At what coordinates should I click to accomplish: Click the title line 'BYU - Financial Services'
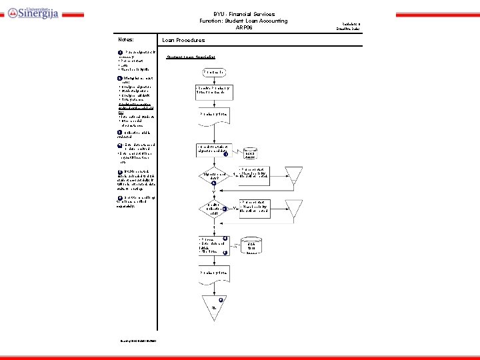click(x=243, y=14)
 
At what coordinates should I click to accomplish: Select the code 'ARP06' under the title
click(x=243, y=27)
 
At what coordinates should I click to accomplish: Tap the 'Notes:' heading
click(x=125, y=40)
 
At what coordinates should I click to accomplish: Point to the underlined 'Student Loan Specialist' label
click(x=191, y=57)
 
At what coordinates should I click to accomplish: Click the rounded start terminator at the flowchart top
click(x=214, y=71)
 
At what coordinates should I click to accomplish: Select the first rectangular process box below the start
click(x=213, y=90)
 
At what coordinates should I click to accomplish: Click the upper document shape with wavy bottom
click(x=213, y=114)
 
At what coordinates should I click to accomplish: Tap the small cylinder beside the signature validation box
click(x=251, y=153)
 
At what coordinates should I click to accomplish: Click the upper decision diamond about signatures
click(x=213, y=177)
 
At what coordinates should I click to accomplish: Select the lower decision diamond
click(x=213, y=209)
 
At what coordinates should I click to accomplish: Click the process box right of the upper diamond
click(x=255, y=173)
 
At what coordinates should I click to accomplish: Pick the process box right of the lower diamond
click(x=255, y=205)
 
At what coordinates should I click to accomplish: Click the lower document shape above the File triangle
click(x=213, y=273)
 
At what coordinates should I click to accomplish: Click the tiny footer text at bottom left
click(x=139, y=343)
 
